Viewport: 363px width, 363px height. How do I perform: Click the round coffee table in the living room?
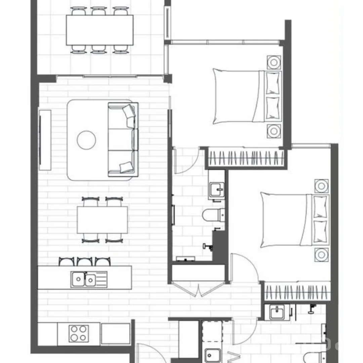coord(86,140)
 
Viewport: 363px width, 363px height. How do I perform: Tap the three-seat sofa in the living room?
coord(123,140)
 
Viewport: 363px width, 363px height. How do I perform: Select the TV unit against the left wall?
coord(45,140)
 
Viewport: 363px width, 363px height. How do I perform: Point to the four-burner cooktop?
coord(79,333)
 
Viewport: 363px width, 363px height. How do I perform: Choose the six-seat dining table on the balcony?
coord(99,30)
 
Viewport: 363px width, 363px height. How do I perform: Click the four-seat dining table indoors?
coord(102,220)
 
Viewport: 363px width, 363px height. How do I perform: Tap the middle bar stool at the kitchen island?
coord(84,261)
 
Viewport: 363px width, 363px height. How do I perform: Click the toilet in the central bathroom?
coord(213,215)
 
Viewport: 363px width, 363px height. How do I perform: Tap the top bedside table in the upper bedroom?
coord(274,63)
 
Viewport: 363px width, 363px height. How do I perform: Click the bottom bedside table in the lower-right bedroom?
coord(322,254)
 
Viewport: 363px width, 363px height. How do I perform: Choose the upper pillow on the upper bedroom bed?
coord(273,83)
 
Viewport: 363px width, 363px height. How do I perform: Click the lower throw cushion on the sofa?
coord(127,167)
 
